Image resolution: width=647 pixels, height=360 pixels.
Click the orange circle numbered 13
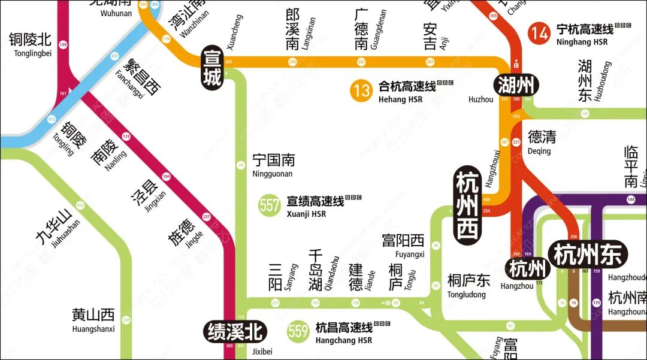tap(362, 91)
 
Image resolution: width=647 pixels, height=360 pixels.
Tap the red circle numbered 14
tap(540, 33)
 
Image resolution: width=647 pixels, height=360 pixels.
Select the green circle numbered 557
tap(270, 205)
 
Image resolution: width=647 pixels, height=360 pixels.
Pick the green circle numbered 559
tap(298, 331)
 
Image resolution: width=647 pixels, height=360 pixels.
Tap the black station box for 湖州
tap(516, 86)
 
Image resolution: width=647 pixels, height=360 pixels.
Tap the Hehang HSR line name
tap(401, 100)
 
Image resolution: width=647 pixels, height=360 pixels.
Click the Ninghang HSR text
tap(582, 42)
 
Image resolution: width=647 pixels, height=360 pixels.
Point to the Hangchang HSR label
tap(344, 340)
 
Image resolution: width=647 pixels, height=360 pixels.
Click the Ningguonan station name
tap(273, 174)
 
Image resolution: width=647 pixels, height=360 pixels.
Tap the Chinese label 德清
tap(542, 137)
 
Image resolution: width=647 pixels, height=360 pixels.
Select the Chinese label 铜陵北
tap(30, 40)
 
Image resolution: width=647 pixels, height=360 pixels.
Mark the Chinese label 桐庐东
tap(468, 280)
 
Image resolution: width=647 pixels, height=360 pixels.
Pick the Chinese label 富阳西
tap(403, 241)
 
